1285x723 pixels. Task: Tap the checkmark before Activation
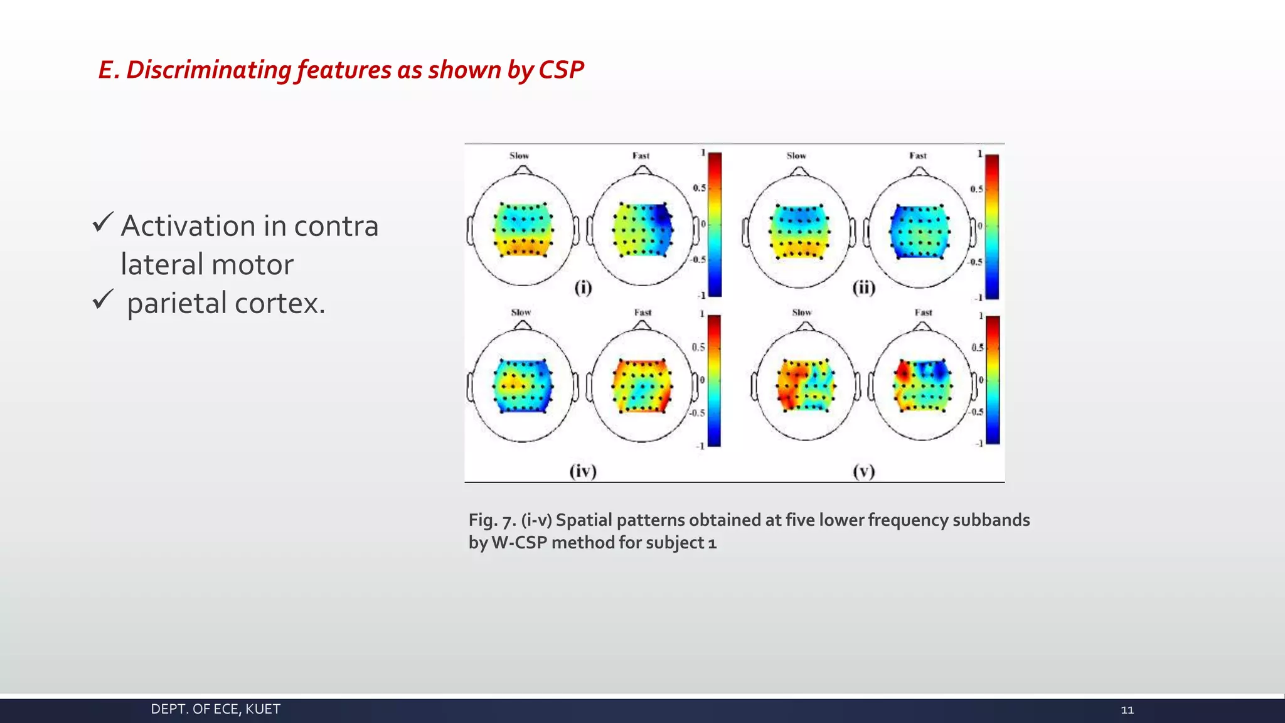pos(102,223)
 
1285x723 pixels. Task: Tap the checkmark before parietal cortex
pos(102,299)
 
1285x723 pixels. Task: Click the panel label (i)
pos(583,287)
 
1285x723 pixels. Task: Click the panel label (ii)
pos(863,287)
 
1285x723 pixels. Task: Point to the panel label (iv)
pos(583,471)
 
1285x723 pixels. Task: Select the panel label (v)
pos(863,471)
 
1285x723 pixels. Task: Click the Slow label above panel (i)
pos(519,156)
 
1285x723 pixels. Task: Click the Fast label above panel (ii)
pos(917,156)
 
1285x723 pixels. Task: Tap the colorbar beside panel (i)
pos(715,224)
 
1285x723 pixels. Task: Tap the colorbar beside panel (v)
pos(993,380)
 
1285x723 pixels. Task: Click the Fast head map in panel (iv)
pos(641,385)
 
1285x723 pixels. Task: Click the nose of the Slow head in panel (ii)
pos(799,171)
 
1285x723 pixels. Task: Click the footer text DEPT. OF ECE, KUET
pos(215,709)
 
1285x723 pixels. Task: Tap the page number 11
pos(1127,710)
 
